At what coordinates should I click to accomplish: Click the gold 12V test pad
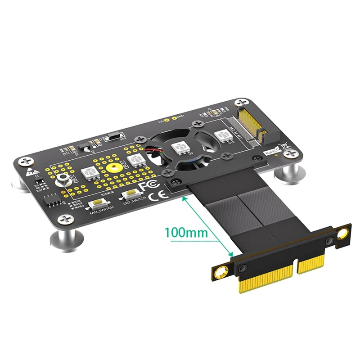pos(167,121)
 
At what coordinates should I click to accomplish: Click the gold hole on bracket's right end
pos(344,233)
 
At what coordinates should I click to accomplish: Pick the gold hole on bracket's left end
pos(221,272)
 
